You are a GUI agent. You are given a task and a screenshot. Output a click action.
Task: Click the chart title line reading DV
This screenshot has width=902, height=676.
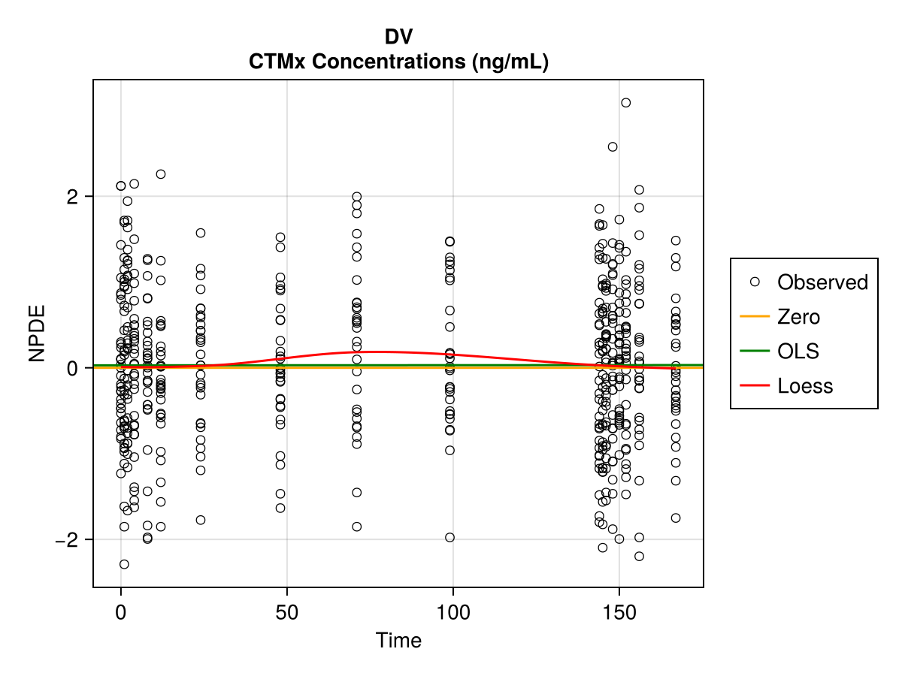point(398,37)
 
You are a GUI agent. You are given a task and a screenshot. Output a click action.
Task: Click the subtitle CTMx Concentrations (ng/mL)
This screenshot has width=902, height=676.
point(398,62)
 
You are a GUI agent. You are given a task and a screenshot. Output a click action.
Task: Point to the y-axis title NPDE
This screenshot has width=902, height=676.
point(37,333)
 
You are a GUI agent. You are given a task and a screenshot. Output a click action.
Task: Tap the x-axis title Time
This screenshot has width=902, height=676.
point(398,641)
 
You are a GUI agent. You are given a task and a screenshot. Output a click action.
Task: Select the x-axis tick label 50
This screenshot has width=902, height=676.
point(287,612)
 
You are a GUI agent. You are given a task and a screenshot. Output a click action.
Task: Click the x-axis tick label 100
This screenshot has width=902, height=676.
point(453,612)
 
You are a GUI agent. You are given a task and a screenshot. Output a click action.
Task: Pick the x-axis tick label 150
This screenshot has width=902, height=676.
point(619,612)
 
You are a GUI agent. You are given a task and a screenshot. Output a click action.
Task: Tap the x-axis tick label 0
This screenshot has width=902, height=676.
point(121,612)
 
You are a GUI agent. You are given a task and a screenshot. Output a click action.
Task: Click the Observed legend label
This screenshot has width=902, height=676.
point(822,282)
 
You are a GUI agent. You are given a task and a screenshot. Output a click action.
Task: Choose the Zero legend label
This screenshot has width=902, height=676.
point(798,317)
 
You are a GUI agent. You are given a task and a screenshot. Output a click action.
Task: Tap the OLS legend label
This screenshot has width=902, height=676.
point(798,352)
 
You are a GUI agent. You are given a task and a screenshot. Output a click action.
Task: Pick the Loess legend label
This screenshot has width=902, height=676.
point(805,386)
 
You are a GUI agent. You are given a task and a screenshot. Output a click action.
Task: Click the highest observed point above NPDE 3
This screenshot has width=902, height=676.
point(625,103)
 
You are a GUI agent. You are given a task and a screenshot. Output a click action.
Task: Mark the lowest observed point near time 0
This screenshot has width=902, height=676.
point(124,564)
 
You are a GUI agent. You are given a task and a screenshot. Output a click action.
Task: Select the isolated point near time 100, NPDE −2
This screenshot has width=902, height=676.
point(449,537)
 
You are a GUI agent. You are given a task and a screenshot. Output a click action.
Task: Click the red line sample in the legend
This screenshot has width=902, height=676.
point(755,386)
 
